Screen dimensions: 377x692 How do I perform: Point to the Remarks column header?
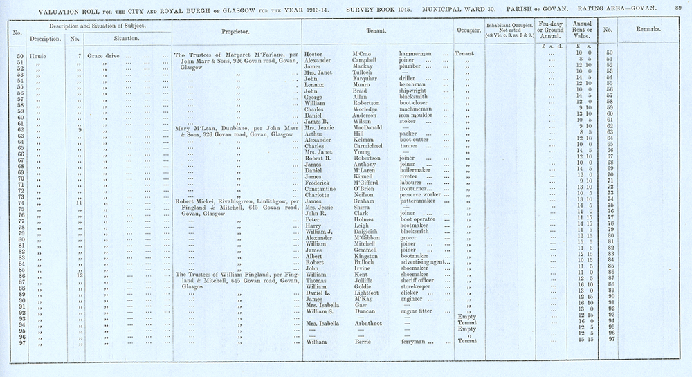648,31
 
